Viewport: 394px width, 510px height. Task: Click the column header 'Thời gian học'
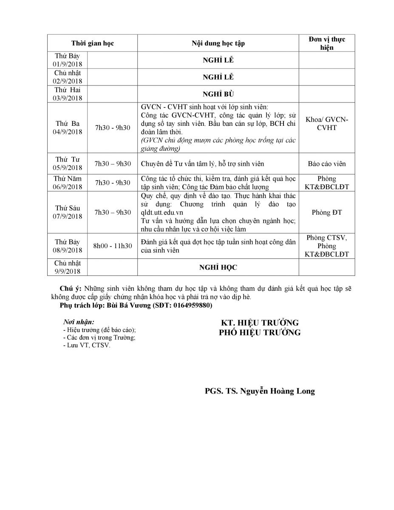(92, 43)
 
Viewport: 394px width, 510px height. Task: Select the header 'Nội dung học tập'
(218, 43)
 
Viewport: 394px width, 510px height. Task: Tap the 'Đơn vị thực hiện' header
(326, 43)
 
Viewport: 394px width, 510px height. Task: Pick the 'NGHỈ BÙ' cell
(218, 94)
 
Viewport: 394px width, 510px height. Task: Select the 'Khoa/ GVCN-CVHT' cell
(326, 123)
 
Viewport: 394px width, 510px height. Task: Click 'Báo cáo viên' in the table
(326, 164)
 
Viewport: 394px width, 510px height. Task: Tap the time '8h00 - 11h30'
(113, 246)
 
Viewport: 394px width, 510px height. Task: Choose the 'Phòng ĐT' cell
(326, 212)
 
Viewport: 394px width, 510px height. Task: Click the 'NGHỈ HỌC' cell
(218, 267)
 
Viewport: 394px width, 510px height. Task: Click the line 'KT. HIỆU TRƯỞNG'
(259, 323)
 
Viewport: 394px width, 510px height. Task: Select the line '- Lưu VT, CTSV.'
(86, 346)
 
